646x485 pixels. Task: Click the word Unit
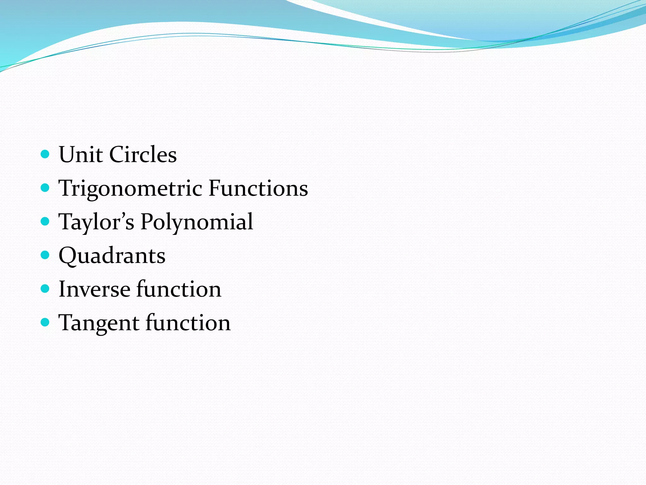pyautogui.click(x=81, y=155)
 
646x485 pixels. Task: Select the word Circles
pyautogui.click(x=143, y=155)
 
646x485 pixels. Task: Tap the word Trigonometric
pyautogui.click(x=130, y=189)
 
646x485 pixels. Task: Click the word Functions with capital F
pyautogui.click(x=258, y=189)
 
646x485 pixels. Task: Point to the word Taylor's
pyautogui.click(x=97, y=222)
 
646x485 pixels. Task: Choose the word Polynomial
pyautogui.click(x=197, y=222)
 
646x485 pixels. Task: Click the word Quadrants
pyautogui.click(x=112, y=256)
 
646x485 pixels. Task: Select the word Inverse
pyautogui.click(x=94, y=289)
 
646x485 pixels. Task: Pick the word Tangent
pyautogui.click(x=99, y=323)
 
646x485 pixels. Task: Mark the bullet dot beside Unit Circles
pyautogui.click(x=45, y=154)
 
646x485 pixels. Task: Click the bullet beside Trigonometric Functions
pyautogui.click(x=45, y=188)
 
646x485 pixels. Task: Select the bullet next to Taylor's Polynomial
pyautogui.click(x=45, y=221)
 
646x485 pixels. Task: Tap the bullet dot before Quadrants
pyautogui.click(x=45, y=255)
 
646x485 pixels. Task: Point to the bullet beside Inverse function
pyautogui.click(x=45, y=289)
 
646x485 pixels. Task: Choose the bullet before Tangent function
pyautogui.click(x=45, y=322)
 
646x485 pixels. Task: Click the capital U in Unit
pyautogui.click(x=68, y=155)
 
